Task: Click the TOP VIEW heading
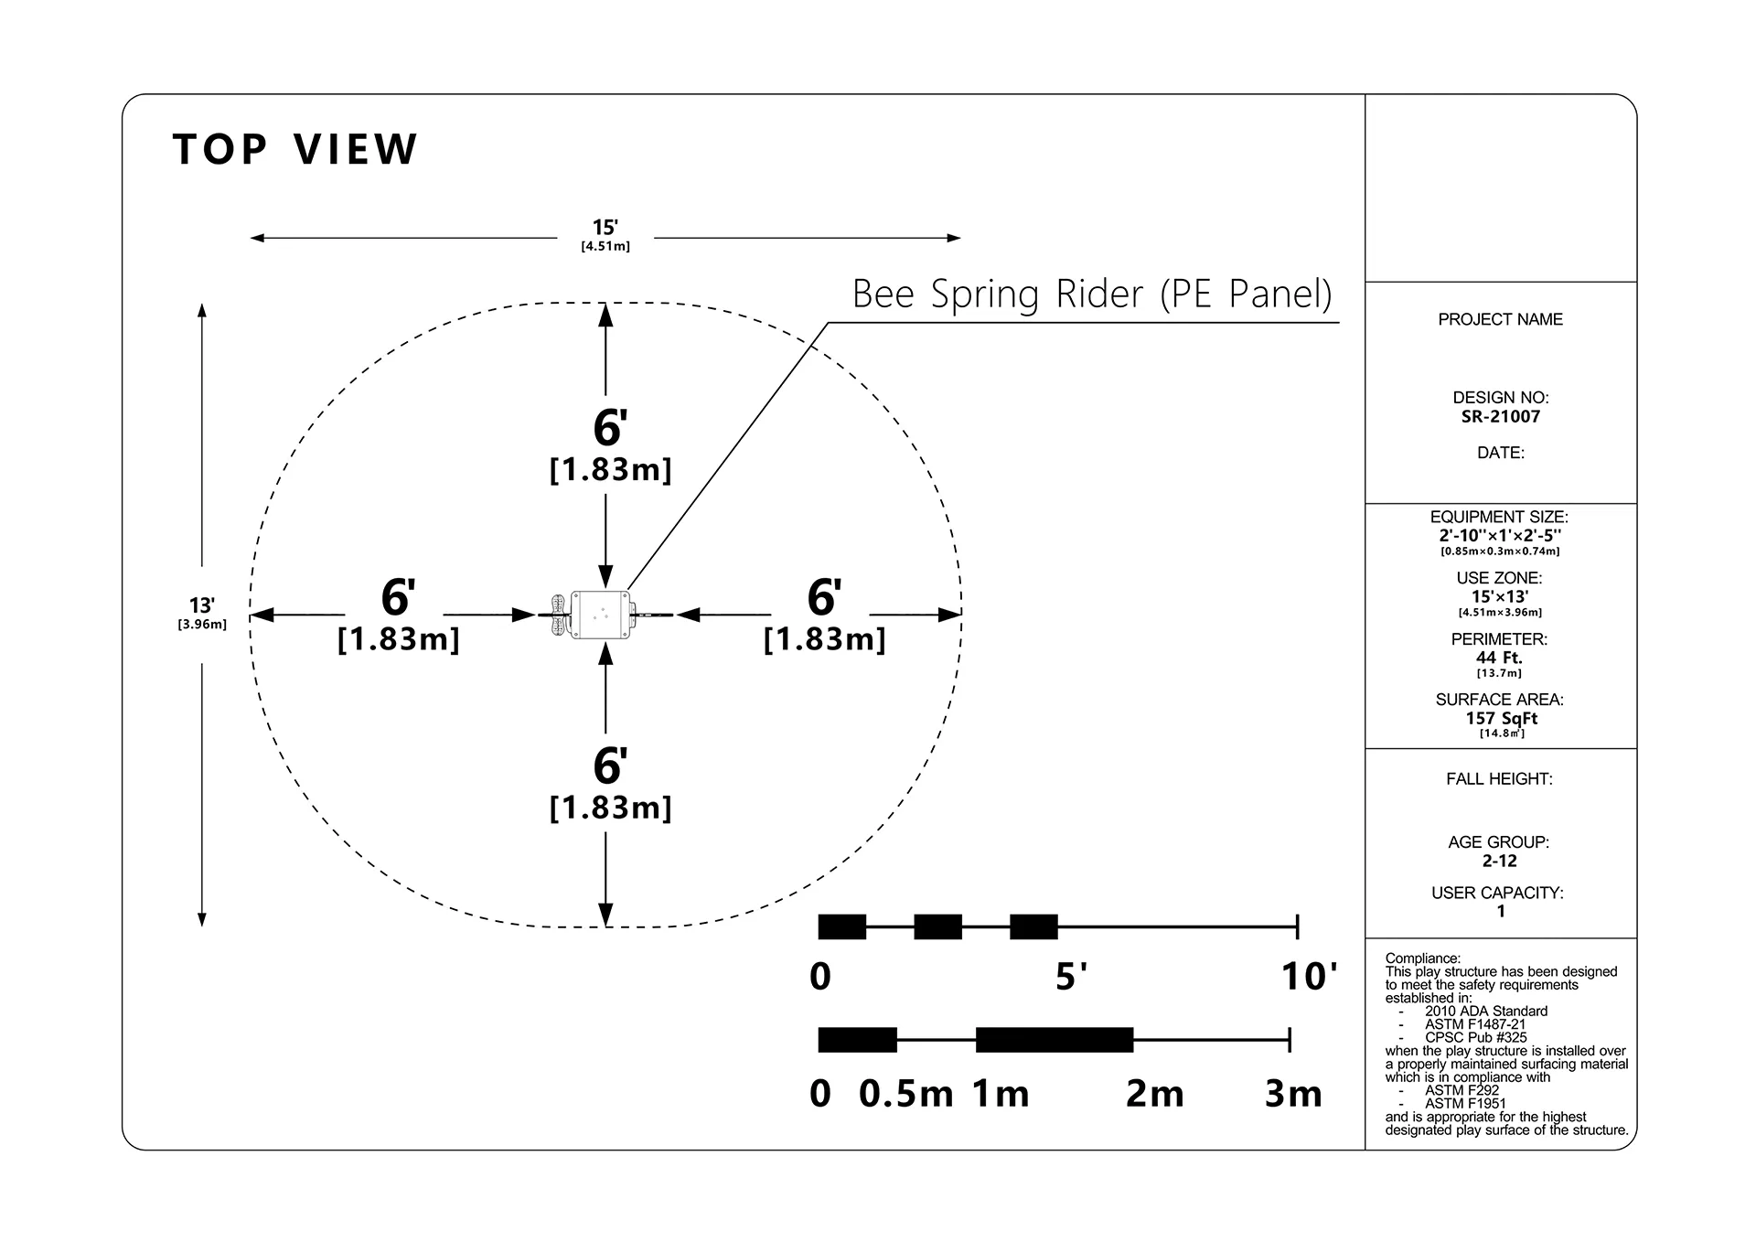[294, 149]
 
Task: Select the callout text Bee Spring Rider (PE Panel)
[1092, 294]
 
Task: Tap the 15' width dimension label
[605, 228]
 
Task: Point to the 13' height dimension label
[202, 605]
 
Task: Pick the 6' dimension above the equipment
[610, 427]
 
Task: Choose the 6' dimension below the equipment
[610, 766]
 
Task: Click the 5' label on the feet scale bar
[1071, 977]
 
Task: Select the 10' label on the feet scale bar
[1309, 977]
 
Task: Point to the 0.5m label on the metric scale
[905, 1094]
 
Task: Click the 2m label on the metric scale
[1154, 1094]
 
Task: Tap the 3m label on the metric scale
[1293, 1094]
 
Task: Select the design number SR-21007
[1501, 417]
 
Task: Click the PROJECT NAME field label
[1501, 319]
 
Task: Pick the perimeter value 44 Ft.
[1500, 658]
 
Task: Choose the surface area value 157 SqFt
[1501, 719]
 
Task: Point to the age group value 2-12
[1500, 861]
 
